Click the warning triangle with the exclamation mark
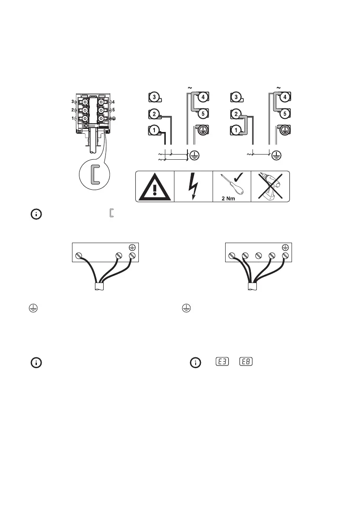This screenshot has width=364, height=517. coord(154,187)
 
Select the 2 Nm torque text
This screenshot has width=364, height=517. coord(231,196)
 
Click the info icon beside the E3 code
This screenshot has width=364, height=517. coord(197,362)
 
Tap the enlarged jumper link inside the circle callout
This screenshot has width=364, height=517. coord(93,174)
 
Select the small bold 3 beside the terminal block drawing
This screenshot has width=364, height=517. coord(72,102)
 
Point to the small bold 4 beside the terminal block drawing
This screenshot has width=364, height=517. coord(113,102)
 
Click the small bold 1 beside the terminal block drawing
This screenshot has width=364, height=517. coord(72,118)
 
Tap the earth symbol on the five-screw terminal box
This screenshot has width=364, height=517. coord(285,247)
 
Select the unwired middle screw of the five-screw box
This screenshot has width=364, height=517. coord(259,255)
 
